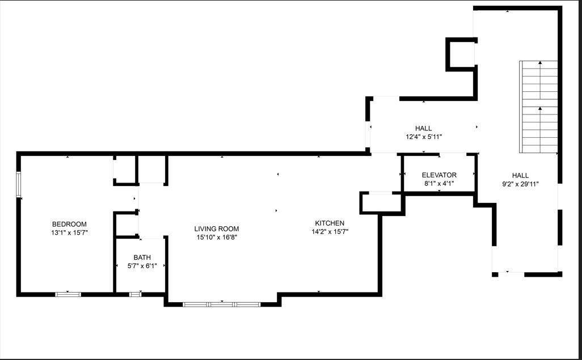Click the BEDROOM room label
69,224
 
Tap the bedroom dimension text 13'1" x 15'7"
69,232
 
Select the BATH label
142,257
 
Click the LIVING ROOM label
216,229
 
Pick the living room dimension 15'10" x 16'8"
216,238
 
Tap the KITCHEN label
330,223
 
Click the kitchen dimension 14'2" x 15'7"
330,231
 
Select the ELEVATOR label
439,175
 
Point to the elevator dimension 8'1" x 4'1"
439,183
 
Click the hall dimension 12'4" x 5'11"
423,137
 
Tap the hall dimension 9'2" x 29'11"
520,184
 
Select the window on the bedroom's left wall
19,185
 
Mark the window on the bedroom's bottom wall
68,294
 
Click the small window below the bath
136,294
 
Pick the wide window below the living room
221,304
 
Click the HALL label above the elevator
423,129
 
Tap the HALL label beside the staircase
520,176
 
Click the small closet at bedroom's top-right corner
125,168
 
